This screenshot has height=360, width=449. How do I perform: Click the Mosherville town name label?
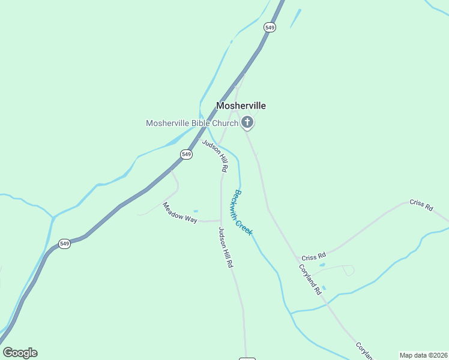click(241, 106)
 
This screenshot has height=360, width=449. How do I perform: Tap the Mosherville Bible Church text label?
click(192, 124)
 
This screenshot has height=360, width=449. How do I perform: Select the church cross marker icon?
click(247, 124)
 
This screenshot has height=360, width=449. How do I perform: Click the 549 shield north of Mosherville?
click(270, 28)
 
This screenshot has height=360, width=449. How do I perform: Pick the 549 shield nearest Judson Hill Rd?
click(186, 154)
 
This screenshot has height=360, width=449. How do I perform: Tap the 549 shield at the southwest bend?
click(65, 244)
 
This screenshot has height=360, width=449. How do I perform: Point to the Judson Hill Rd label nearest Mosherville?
click(215, 156)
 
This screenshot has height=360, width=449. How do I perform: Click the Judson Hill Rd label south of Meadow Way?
click(225, 247)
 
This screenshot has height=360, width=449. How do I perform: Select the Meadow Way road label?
click(180, 212)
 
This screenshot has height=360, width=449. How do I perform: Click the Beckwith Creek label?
click(243, 212)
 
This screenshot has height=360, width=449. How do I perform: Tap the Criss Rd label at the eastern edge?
click(421, 205)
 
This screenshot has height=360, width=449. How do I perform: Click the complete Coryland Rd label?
click(310, 279)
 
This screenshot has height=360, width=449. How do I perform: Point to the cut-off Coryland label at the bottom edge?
click(364, 352)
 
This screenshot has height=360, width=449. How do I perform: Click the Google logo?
click(20, 353)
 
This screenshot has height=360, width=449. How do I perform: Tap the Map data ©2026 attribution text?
click(423, 355)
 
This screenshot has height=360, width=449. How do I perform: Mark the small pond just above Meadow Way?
click(196, 211)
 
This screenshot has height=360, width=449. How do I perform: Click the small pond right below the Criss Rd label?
click(322, 265)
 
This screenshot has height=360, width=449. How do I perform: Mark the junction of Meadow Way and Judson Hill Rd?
click(221, 220)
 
